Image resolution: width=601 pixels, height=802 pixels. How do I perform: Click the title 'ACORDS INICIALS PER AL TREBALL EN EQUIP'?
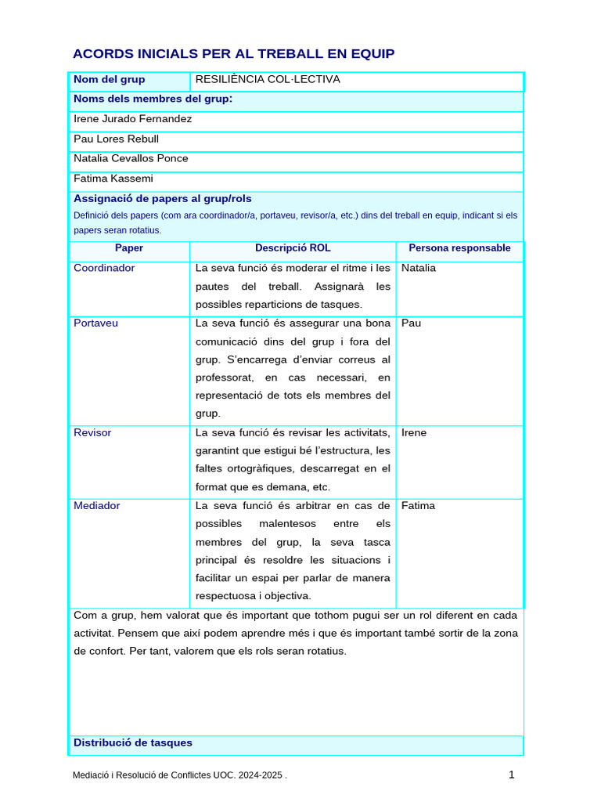tap(233, 54)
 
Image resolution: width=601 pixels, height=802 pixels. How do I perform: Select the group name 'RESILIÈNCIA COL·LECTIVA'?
tap(268, 80)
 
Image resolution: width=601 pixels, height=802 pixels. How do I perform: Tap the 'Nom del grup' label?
tap(109, 80)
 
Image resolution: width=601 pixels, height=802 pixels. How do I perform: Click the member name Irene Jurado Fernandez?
tap(132, 119)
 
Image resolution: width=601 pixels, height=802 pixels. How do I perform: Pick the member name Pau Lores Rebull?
tap(116, 139)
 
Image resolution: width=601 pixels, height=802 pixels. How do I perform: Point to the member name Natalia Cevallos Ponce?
tap(131, 158)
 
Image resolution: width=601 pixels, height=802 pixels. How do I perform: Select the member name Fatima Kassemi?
tap(113, 179)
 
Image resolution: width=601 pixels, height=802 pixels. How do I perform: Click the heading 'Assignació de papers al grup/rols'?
tap(163, 199)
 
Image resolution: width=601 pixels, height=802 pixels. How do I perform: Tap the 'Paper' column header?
tap(129, 248)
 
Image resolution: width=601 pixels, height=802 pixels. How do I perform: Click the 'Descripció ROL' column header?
tap(293, 248)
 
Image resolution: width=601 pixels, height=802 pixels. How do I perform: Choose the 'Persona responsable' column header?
tap(459, 248)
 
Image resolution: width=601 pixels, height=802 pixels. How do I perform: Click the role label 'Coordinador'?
tap(104, 268)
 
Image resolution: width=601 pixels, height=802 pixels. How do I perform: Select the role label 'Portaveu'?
tap(96, 323)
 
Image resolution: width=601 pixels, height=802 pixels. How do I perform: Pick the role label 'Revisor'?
tap(92, 432)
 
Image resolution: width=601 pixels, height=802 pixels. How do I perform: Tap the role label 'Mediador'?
tap(97, 505)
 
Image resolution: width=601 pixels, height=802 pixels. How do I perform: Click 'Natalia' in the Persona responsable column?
tap(419, 268)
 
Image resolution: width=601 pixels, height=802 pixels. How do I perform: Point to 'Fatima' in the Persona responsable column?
tap(418, 505)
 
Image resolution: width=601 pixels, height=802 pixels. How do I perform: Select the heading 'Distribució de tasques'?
tap(133, 742)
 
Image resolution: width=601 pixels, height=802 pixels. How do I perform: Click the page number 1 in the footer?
tap(511, 775)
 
